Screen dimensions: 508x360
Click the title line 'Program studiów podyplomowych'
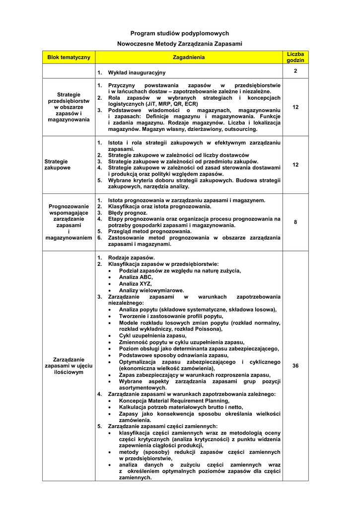tap(179, 33)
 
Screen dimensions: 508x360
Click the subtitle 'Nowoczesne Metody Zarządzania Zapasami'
tap(179, 44)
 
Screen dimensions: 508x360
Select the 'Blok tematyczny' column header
tap(69, 58)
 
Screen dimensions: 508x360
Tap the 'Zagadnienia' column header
tap(188, 58)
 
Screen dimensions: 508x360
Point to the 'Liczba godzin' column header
tap(295, 57)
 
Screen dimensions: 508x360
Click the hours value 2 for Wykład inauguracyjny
tap(295, 71)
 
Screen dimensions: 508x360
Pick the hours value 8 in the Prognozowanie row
tap(295, 222)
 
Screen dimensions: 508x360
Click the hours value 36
tap(295, 366)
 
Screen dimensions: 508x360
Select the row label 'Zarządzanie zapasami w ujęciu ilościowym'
tap(69, 366)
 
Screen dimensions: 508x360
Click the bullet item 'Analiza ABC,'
tap(136, 277)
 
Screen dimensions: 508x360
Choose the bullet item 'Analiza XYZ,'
tap(136, 284)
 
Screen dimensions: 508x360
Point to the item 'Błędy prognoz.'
tap(128, 212)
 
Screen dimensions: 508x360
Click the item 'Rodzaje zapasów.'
tap(131, 258)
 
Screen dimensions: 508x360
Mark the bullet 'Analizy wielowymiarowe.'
tap(151, 290)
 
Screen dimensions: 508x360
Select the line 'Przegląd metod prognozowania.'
tap(149, 231)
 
